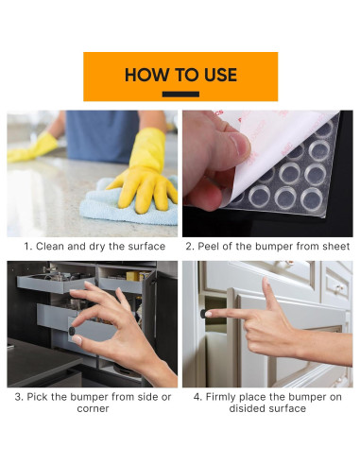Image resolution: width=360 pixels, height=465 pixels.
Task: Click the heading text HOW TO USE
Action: coord(180,75)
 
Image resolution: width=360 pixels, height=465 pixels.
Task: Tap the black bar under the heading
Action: coord(180,94)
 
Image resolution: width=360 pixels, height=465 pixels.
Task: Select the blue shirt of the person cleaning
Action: coord(102,135)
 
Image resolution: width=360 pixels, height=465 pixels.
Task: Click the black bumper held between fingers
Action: coord(72,331)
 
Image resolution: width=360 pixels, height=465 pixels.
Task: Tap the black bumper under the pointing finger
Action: coord(204,313)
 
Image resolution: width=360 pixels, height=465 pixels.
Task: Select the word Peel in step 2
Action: coord(208,247)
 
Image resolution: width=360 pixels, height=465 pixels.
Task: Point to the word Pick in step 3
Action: coord(37,397)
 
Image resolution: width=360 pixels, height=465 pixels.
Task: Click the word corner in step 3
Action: coord(93,408)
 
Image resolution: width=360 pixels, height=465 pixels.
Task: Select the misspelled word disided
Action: coord(246,408)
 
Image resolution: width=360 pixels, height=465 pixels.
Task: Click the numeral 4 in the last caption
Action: coord(197,397)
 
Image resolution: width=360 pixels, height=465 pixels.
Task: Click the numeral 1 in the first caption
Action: coord(27,247)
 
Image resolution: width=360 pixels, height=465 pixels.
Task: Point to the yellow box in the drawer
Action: coord(133,276)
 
